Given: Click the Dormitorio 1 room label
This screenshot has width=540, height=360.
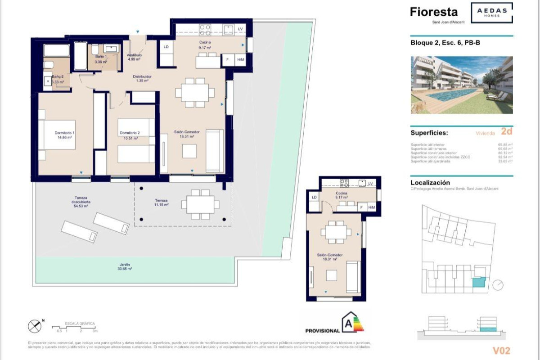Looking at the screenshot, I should coord(64,133).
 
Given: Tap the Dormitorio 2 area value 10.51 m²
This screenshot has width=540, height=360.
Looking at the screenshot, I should coord(130,139).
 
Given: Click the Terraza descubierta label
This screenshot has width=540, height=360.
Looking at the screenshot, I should coord(81,202).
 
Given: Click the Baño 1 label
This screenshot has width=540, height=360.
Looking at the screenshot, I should coord(101,56).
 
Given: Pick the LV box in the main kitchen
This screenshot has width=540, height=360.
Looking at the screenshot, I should coord(240,29).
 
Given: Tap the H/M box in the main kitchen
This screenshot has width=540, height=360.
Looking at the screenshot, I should coord(241,60).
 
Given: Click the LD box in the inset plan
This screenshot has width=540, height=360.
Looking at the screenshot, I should coord(314,197).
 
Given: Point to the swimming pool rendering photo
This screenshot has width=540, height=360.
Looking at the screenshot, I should coord(462,85).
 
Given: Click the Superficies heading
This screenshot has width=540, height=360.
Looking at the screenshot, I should coord(429,133).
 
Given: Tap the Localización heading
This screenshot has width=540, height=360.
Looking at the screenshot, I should coord(430,183).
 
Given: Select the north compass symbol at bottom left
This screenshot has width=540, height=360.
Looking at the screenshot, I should coord(35,325).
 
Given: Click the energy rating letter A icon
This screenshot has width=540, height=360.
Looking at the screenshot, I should coord(347,323).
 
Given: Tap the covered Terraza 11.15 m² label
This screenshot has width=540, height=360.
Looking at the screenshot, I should coord(161,202).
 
